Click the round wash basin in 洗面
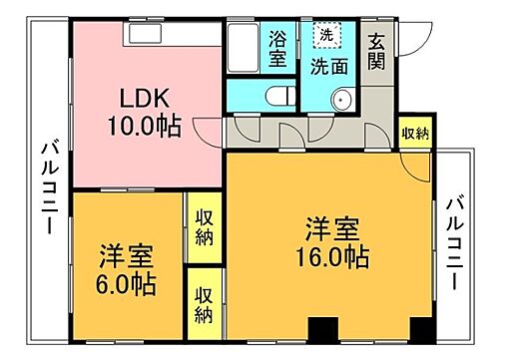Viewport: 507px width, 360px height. coord(341,98)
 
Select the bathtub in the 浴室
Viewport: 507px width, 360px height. coord(244,48)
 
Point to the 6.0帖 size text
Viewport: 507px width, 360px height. coord(126,283)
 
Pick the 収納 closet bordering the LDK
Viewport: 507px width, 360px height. coord(204,226)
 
